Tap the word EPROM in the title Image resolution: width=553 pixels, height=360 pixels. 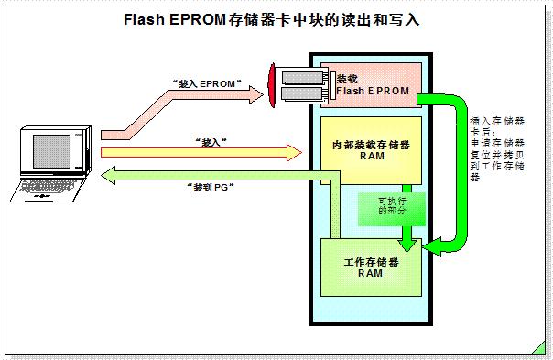tap(199, 19)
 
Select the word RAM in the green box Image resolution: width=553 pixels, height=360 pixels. tap(370, 272)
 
